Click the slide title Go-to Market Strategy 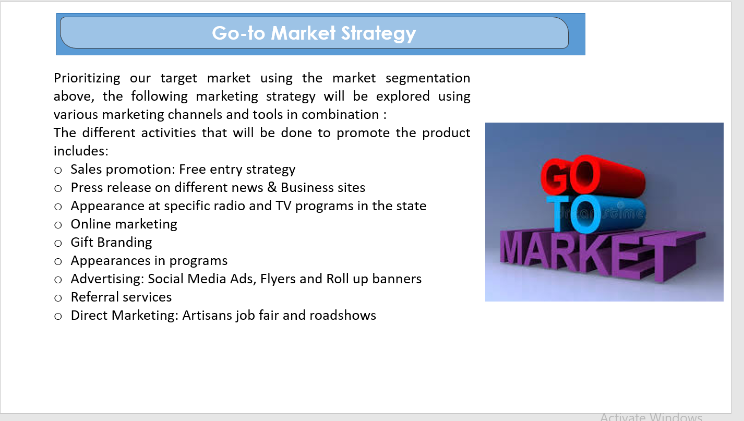point(314,33)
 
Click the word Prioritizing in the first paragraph point(87,78)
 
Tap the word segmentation point(428,78)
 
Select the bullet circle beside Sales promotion point(58,170)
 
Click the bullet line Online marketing point(124,224)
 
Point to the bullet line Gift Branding point(111,243)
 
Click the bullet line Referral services point(121,297)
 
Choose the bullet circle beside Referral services point(58,298)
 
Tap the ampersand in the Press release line point(272,188)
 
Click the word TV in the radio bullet point(283,206)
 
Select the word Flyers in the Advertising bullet point(278,279)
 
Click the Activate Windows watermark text point(651,416)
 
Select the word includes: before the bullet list point(81,151)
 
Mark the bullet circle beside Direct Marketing point(58,317)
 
